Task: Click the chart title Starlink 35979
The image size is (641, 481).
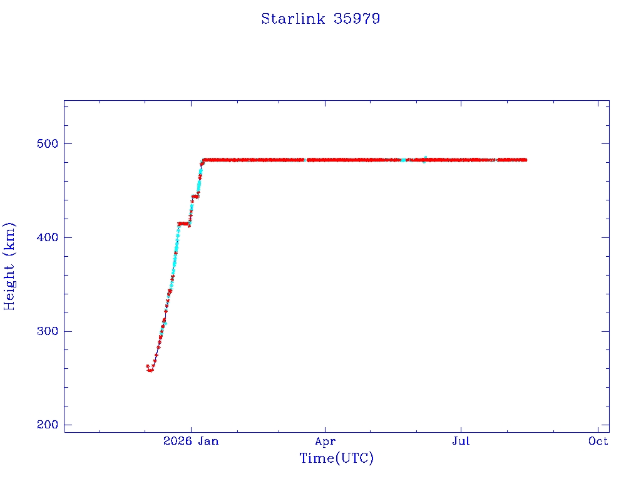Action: (x=320, y=19)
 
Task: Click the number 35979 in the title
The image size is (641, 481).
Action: (x=357, y=19)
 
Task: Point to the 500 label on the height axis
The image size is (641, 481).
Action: (x=48, y=143)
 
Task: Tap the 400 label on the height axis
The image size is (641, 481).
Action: (x=48, y=237)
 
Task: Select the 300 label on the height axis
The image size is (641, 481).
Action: (x=48, y=331)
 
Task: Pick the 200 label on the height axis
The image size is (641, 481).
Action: (x=48, y=425)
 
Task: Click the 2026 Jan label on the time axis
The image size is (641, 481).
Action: (x=191, y=441)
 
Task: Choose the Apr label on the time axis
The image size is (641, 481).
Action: (x=326, y=442)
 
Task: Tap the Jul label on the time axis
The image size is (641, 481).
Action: (x=461, y=441)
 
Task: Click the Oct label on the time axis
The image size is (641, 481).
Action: (x=598, y=441)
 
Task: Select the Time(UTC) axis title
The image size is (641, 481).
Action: (x=336, y=458)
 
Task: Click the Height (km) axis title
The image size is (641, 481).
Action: (x=9, y=266)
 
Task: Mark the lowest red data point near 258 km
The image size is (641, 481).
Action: (x=150, y=371)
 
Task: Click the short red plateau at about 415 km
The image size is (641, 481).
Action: (x=183, y=224)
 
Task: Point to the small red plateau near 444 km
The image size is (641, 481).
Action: (x=195, y=197)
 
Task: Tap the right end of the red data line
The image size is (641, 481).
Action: (x=526, y=160)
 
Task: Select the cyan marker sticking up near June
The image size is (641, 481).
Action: (x=426, y=158)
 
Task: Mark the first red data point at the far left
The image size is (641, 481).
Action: (x=148, y=366)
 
